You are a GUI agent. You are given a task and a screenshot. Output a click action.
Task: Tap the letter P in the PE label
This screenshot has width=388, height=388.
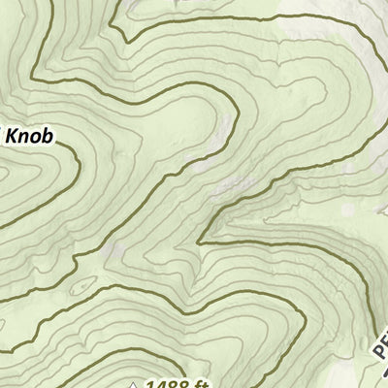tap(380, 355)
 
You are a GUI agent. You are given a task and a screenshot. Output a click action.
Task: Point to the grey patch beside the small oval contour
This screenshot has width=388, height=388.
tap(113, 254)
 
